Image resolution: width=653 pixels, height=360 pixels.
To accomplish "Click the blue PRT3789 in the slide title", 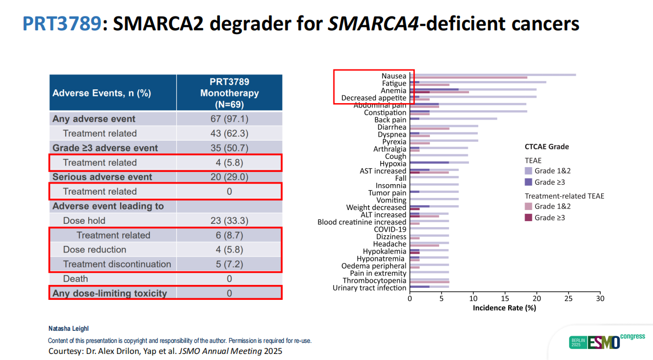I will [62, 23].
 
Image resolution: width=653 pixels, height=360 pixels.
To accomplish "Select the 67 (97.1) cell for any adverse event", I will [229, 119].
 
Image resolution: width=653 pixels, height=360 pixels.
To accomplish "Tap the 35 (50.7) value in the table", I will [229, 148].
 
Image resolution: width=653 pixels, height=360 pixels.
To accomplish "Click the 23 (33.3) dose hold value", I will [229, 221].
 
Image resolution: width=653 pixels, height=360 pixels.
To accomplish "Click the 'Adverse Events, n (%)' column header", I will [101, 93].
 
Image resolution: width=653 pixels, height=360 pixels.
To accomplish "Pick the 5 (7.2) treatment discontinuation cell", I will [229, 264].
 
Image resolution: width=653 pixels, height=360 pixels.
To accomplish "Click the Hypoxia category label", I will [393, 164].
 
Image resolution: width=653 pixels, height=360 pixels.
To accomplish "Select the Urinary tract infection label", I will [369, 288].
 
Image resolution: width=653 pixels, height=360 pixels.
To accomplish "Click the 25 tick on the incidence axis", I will [569, 298].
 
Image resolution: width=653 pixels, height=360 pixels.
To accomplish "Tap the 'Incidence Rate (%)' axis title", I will [504, 308].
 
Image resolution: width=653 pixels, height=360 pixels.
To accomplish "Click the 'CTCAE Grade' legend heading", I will [547, 147].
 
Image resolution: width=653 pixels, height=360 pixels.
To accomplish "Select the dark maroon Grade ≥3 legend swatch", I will [528, 218].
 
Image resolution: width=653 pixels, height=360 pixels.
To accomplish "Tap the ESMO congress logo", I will [606, 341].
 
